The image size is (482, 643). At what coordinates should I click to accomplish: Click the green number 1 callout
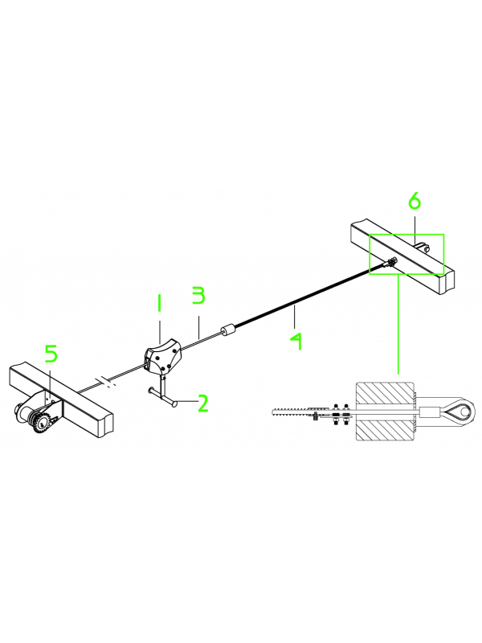pos(158,305)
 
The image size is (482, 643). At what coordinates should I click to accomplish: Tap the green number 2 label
pos(203,403)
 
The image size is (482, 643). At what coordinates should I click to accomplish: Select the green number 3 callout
pos(198,295)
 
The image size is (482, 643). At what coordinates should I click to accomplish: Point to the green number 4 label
pos(296,341)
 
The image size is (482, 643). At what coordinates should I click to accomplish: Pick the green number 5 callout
pos(51,354)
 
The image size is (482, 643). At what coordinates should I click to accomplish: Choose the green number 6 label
pos(415,201)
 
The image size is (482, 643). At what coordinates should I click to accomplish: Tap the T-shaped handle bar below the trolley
pos(164,397)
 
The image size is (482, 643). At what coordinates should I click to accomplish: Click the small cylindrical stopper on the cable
pos(228,331)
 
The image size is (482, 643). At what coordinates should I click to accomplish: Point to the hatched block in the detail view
pos(386,412)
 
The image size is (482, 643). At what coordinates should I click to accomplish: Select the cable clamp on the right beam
pos(390,262)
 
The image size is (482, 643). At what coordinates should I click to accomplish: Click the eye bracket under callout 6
pos(422,248)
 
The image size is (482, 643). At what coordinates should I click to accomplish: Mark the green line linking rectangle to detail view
pos(398,325)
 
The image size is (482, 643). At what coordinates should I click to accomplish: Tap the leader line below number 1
pos(160,330)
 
